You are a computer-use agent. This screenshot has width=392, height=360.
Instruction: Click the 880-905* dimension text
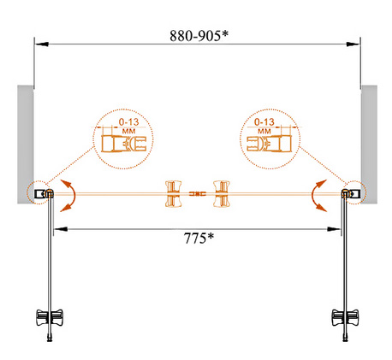199,36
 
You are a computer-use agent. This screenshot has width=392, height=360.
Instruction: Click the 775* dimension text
199,238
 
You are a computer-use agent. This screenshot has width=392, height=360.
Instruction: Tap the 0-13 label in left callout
129,122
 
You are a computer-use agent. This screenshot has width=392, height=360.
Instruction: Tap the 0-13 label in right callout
264,122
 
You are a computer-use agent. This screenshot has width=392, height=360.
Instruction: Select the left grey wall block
26,145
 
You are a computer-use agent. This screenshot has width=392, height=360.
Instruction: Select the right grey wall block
369,145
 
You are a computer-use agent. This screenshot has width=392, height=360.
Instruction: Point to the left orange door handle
174,194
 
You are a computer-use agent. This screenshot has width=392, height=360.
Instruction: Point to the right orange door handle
222,194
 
